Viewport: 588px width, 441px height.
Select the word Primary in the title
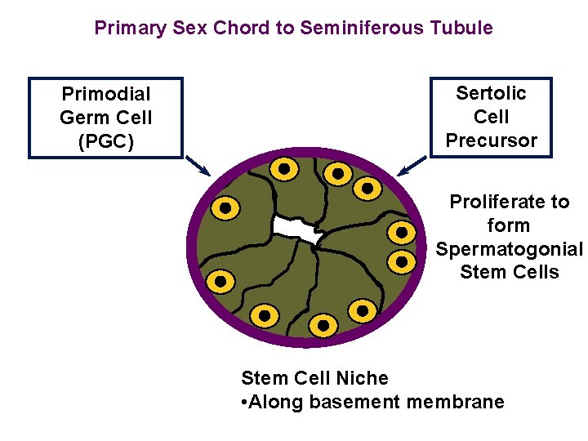pos(131,28)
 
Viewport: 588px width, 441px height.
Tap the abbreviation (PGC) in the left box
pos(106,141)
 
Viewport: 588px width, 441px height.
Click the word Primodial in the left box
pos(106,95)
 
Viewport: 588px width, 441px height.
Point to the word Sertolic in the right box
pos(491,93)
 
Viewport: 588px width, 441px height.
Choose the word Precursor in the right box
pos(491,140)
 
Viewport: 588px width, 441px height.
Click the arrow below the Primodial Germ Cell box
pos(198,166)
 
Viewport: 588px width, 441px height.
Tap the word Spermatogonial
pos(510,249)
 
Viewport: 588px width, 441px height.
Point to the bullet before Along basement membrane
pos(245,402)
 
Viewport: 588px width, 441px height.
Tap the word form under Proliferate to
pos(508,225)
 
